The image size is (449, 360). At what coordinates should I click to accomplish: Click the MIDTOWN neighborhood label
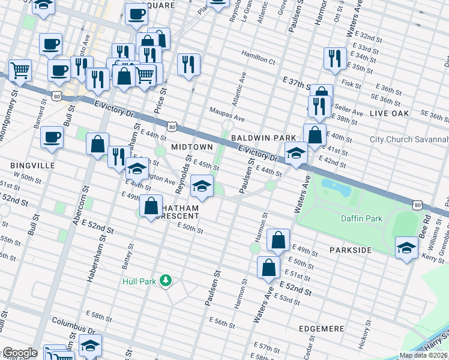click(x=192, y=147)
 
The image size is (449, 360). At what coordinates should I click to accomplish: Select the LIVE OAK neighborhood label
click(x=389, y=113)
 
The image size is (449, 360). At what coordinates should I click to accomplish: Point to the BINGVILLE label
click(x=32, y=165)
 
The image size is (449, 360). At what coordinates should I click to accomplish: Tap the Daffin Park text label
click(x=362, y=219)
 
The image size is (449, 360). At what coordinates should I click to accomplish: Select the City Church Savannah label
click(x=409, y=139)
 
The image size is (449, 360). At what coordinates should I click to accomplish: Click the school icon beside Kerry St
click(x=406, y=247)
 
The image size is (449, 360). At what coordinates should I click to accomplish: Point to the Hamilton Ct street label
click(x=258, y=61)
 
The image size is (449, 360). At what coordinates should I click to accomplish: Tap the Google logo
click(x=19, y=353)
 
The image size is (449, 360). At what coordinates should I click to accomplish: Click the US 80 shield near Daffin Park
click(x=417, y=205)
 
